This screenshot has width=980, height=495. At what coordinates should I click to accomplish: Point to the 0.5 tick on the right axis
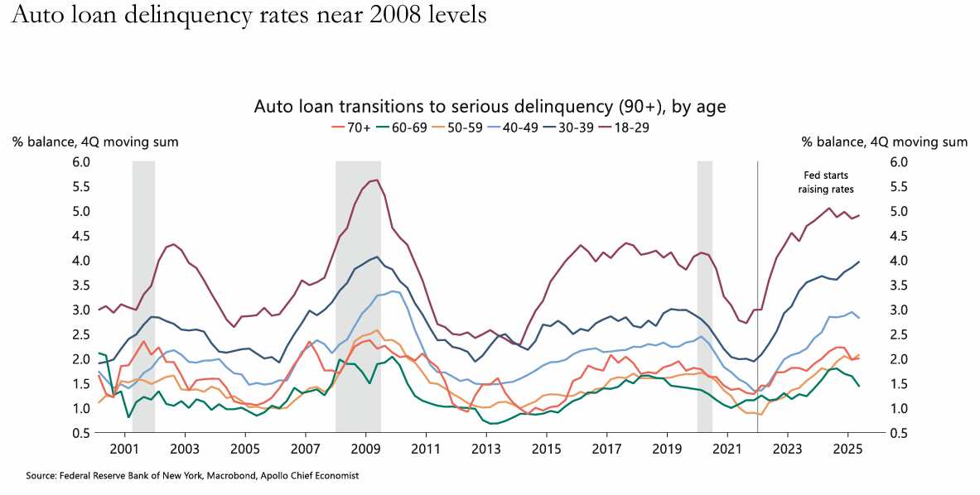(899, 433)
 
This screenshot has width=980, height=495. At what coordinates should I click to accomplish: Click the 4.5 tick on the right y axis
(899, 236)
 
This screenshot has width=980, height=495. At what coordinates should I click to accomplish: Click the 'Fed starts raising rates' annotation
(826, 182)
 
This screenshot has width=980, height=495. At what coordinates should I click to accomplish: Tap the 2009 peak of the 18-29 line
(378, 180)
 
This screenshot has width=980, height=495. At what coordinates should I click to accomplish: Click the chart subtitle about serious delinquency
(490, 107)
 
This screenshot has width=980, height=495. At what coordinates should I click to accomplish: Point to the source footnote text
(192, 476)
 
